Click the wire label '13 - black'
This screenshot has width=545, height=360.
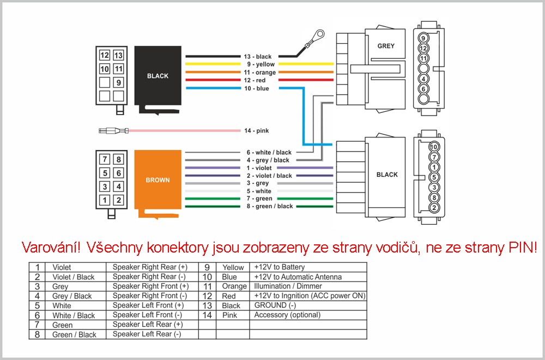pos(257,57)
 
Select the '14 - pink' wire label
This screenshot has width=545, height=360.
pos(256,131)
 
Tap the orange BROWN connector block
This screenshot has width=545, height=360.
pos(158,180)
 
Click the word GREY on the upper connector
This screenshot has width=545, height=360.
pos(386,46)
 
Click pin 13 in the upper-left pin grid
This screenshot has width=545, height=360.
pos(118,56)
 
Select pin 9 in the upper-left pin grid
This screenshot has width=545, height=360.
pos(118,83)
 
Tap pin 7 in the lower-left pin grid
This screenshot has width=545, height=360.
pos(105,160)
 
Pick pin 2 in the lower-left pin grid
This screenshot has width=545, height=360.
pos(118,200)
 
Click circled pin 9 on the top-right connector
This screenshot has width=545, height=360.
pos(424,38)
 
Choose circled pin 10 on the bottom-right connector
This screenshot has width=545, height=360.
pos(434,147)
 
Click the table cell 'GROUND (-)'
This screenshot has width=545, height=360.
pos(275,305)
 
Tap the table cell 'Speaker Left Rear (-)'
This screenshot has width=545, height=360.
pos(147,334)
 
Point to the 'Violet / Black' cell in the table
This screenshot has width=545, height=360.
pos(73,277)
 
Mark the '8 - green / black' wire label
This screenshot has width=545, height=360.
pos(270,206)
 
